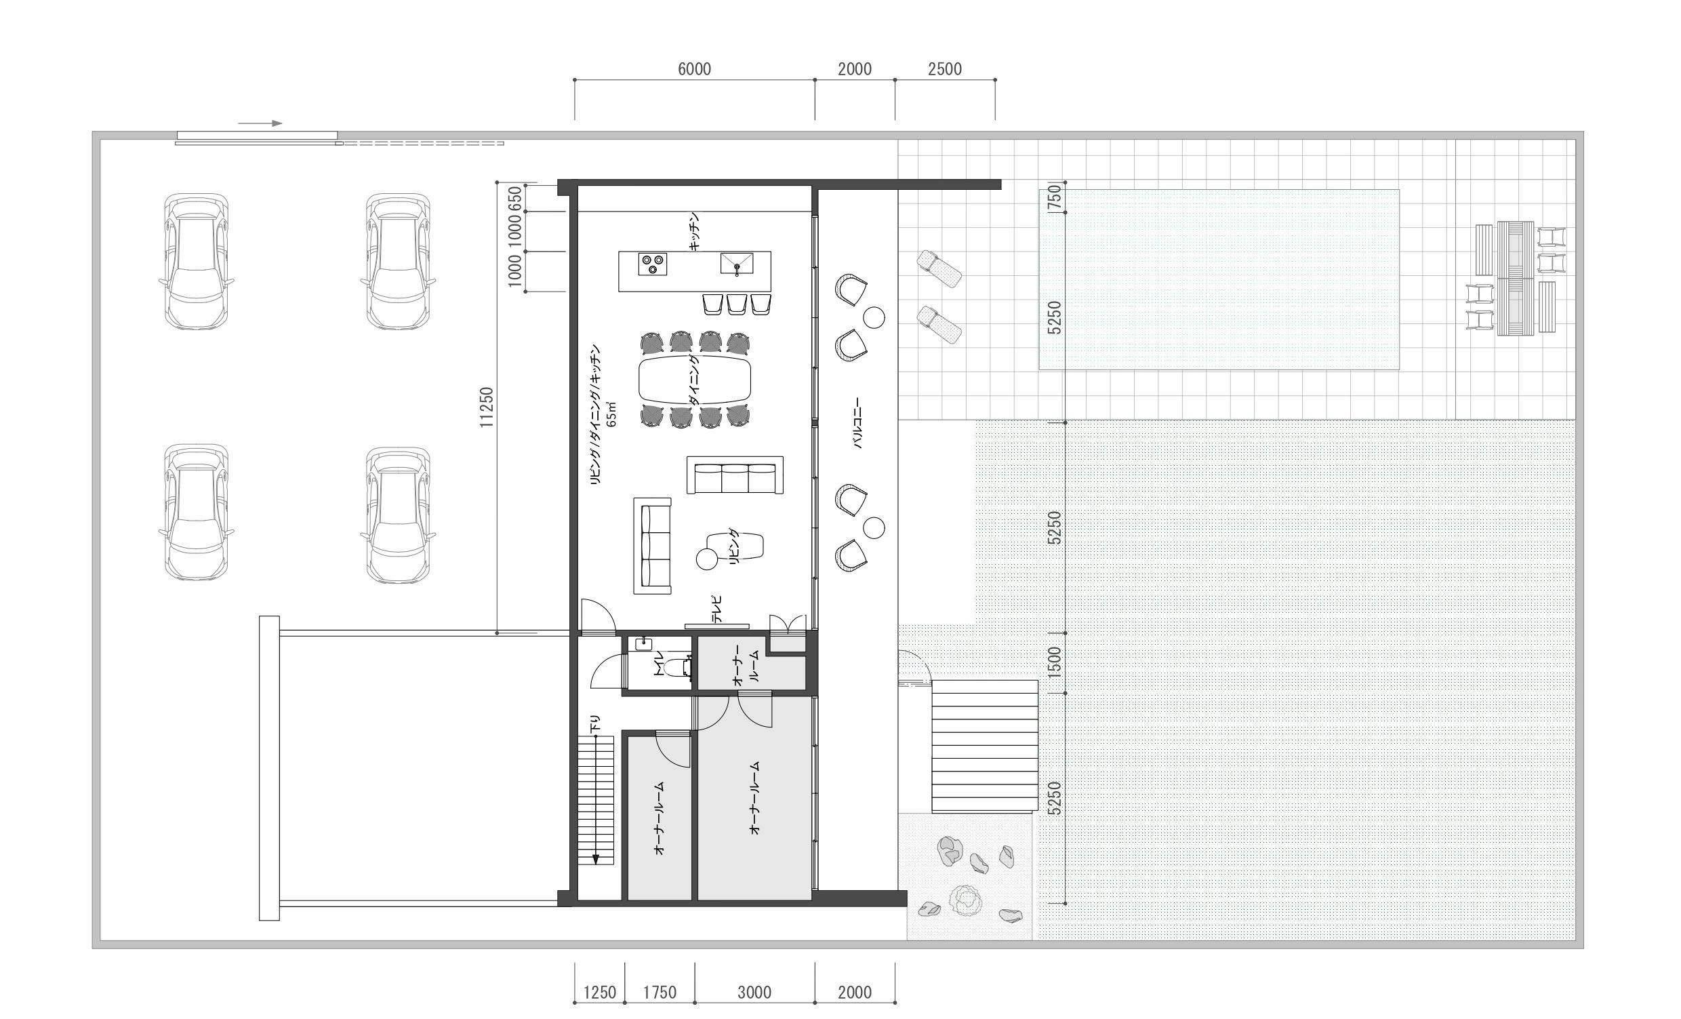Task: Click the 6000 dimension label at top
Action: [694, 69]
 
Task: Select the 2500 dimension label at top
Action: [944, 69]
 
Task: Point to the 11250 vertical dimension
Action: [486, 407]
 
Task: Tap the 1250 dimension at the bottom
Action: [599, 993]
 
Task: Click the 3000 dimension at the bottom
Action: [754, 993]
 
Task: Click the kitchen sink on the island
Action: [737, 263]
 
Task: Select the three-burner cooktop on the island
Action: [652, 264]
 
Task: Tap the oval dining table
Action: [695, 380]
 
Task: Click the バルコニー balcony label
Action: [857, 423]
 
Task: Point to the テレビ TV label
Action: [716, 610]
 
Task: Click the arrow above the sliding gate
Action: [260, 123]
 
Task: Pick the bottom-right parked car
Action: [399, 515]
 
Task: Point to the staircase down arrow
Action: [596, 799]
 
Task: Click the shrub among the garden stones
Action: [965, 900]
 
